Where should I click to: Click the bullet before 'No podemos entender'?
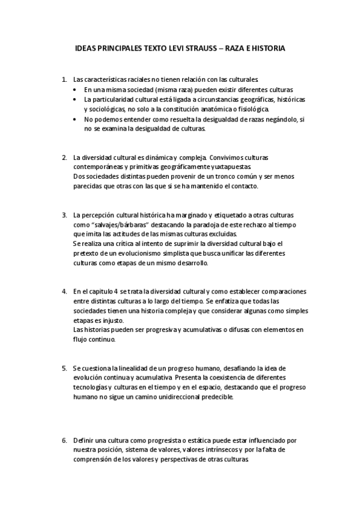click(x=75, y=120)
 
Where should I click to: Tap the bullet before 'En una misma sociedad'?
click(x=75, y=89)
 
